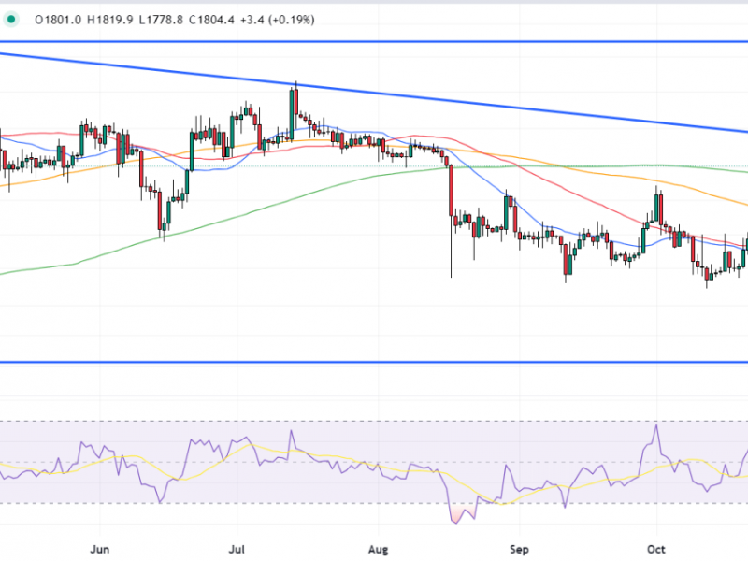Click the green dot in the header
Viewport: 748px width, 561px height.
click(x=9, y=18)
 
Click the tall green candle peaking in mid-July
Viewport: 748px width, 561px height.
click(x=295, y=112)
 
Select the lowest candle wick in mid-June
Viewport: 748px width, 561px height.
click(x=163, y=235)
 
